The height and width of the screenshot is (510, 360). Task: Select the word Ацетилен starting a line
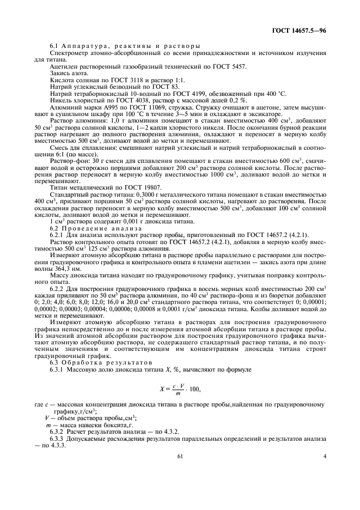point(64,66)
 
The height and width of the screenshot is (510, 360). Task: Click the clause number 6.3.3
point(57,438)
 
